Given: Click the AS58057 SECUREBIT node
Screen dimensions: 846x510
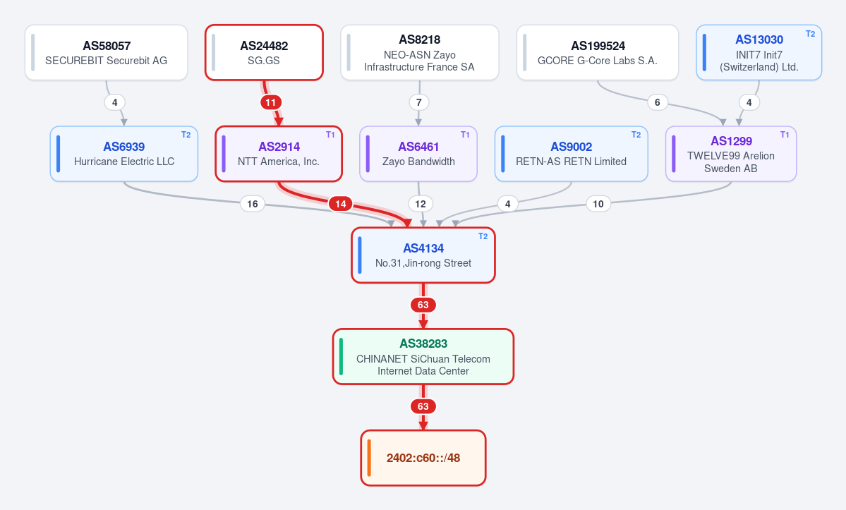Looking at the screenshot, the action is coord(107,53).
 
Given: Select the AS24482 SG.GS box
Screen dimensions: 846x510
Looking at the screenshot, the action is coord(264,53).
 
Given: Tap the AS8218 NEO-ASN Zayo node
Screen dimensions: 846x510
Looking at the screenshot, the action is coord(419,53).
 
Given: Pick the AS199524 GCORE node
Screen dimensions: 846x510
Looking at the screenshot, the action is coord(597,53).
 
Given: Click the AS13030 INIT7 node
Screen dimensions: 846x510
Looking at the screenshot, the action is coord(759,53).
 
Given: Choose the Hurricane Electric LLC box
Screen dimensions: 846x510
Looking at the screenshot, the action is coord(124,154).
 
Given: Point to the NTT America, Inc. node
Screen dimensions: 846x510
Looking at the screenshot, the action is coord(279,154).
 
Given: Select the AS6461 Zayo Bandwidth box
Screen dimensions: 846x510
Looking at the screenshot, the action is coord(418,154).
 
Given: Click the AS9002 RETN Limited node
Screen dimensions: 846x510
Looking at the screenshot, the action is coord(571,154).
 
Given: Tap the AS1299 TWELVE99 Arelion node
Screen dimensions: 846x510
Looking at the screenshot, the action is coord(730,154).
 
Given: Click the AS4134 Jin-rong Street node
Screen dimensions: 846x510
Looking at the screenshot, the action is coord(423,255).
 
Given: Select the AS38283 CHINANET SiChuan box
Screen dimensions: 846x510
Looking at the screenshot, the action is coord(423,357).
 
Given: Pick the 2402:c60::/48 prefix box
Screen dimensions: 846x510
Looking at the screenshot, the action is coord(423,459).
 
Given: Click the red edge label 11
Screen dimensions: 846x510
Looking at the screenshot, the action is coord(271,102).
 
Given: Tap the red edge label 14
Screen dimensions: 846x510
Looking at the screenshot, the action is coord(341,204).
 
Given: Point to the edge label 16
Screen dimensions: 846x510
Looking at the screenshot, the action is coord(253,204).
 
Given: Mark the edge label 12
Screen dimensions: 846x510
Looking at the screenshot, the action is coord(421,204).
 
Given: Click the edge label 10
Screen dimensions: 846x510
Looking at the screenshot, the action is coord(598,204).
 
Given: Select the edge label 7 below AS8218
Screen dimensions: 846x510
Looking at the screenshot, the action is coord(419,102).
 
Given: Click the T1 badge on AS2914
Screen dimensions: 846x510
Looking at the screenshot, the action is coord(330,135).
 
